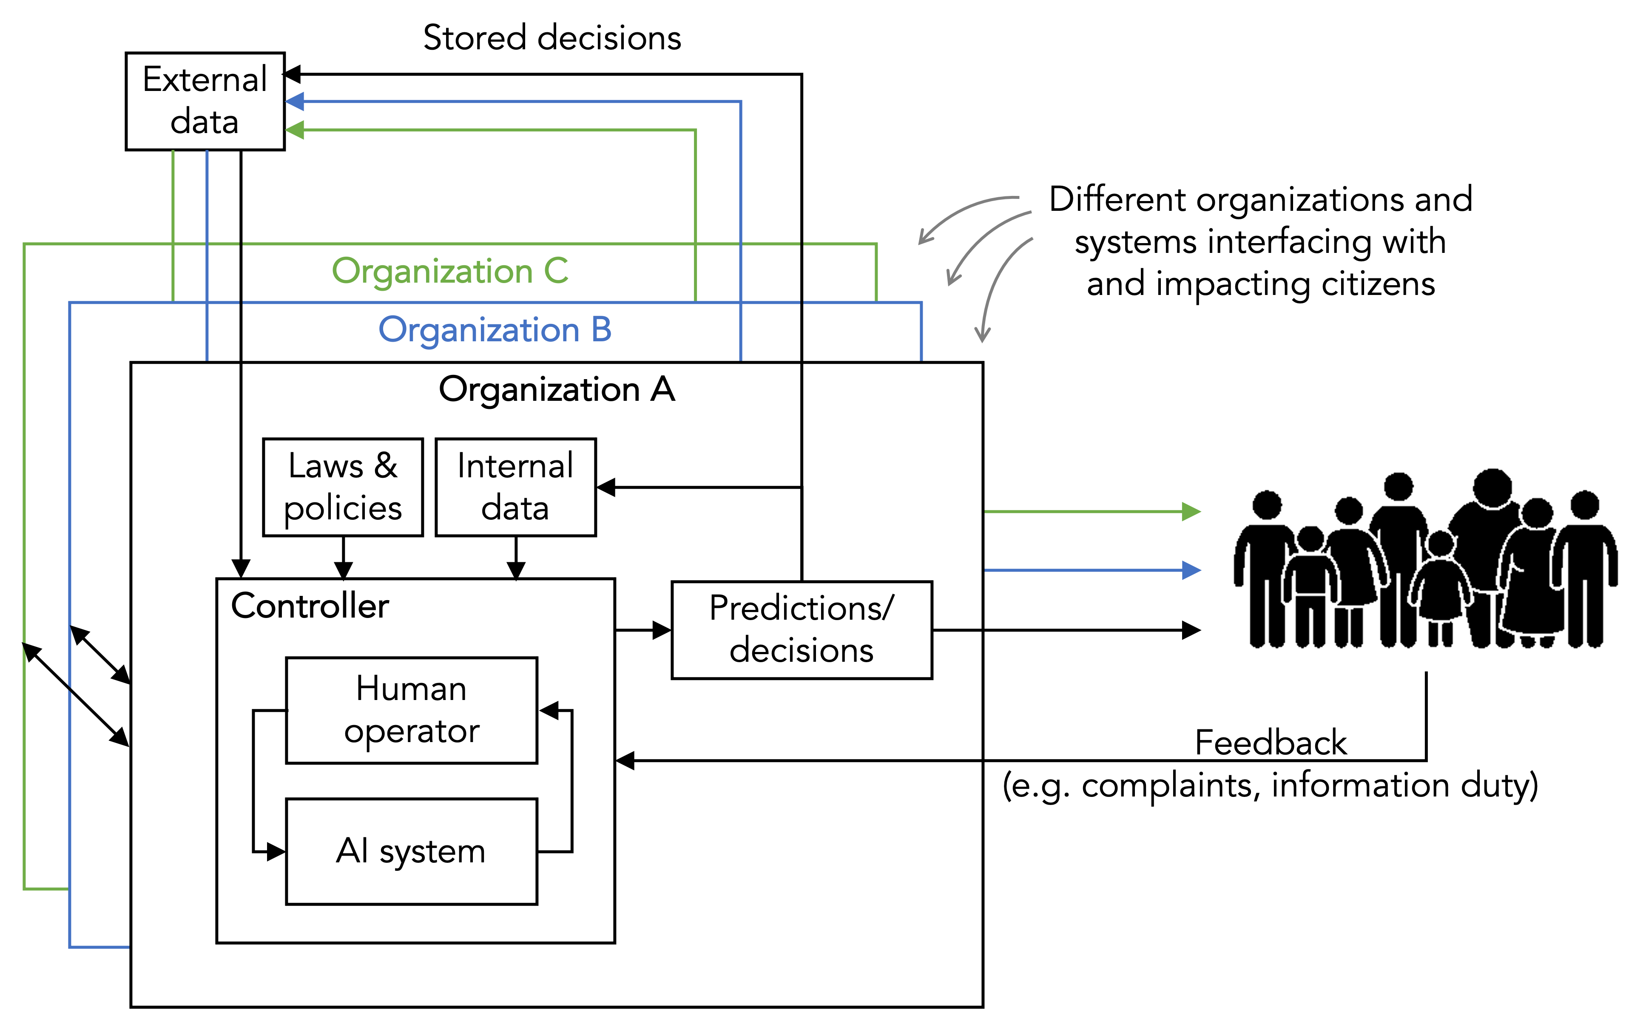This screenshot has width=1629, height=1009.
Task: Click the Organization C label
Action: (450, 271)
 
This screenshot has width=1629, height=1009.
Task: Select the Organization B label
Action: (495, 330)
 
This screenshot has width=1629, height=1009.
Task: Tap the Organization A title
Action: (557, 389)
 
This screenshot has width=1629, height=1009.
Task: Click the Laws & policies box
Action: (343, 487)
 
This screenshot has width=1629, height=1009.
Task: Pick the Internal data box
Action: (515, 487)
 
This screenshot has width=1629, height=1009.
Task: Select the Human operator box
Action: (411, 710)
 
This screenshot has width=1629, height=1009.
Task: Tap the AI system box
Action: (411, 851)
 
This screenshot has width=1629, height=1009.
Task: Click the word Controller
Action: (310, 606)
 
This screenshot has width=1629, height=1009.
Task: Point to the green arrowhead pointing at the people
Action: (1192, 512)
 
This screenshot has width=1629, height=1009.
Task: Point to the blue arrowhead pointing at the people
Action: (1192, 570)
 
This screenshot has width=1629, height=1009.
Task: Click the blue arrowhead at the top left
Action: (294, 102)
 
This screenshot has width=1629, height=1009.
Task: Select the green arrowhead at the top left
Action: (294, 130)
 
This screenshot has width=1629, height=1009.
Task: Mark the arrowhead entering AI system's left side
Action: (276, 851)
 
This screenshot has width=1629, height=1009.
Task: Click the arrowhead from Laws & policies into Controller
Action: (343, 570)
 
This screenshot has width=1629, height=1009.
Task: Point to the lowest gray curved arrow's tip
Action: (982, 337)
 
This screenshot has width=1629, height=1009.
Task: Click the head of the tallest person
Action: (1493, 487)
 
